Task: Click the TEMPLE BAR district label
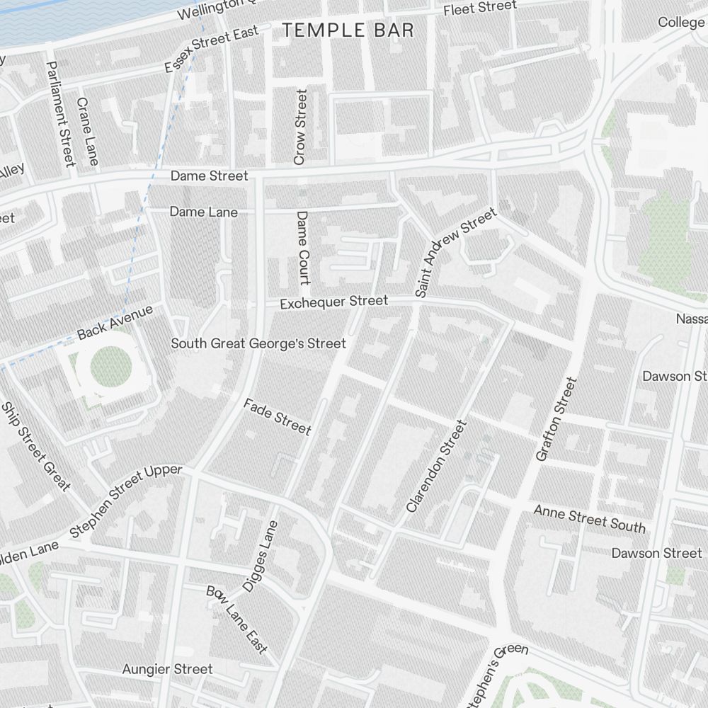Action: coord(348,30)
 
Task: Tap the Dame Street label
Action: coord(209,176)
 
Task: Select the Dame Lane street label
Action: coord(204,212)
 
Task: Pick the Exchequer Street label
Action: coord(333,302)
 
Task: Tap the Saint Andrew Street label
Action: coord(456,251)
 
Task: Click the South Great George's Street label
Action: coord(258,344)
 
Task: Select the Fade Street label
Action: coord(277,416)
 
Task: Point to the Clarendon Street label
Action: coord(437,466)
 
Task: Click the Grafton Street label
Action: coord(556,419)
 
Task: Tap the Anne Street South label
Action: coord(589,519)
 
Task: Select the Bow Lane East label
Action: coord(237,619)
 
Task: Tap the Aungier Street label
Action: coord(167,669)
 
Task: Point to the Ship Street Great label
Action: coord(36,446)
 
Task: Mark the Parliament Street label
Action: coord(59,113)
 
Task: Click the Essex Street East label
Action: coord(211,50)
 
